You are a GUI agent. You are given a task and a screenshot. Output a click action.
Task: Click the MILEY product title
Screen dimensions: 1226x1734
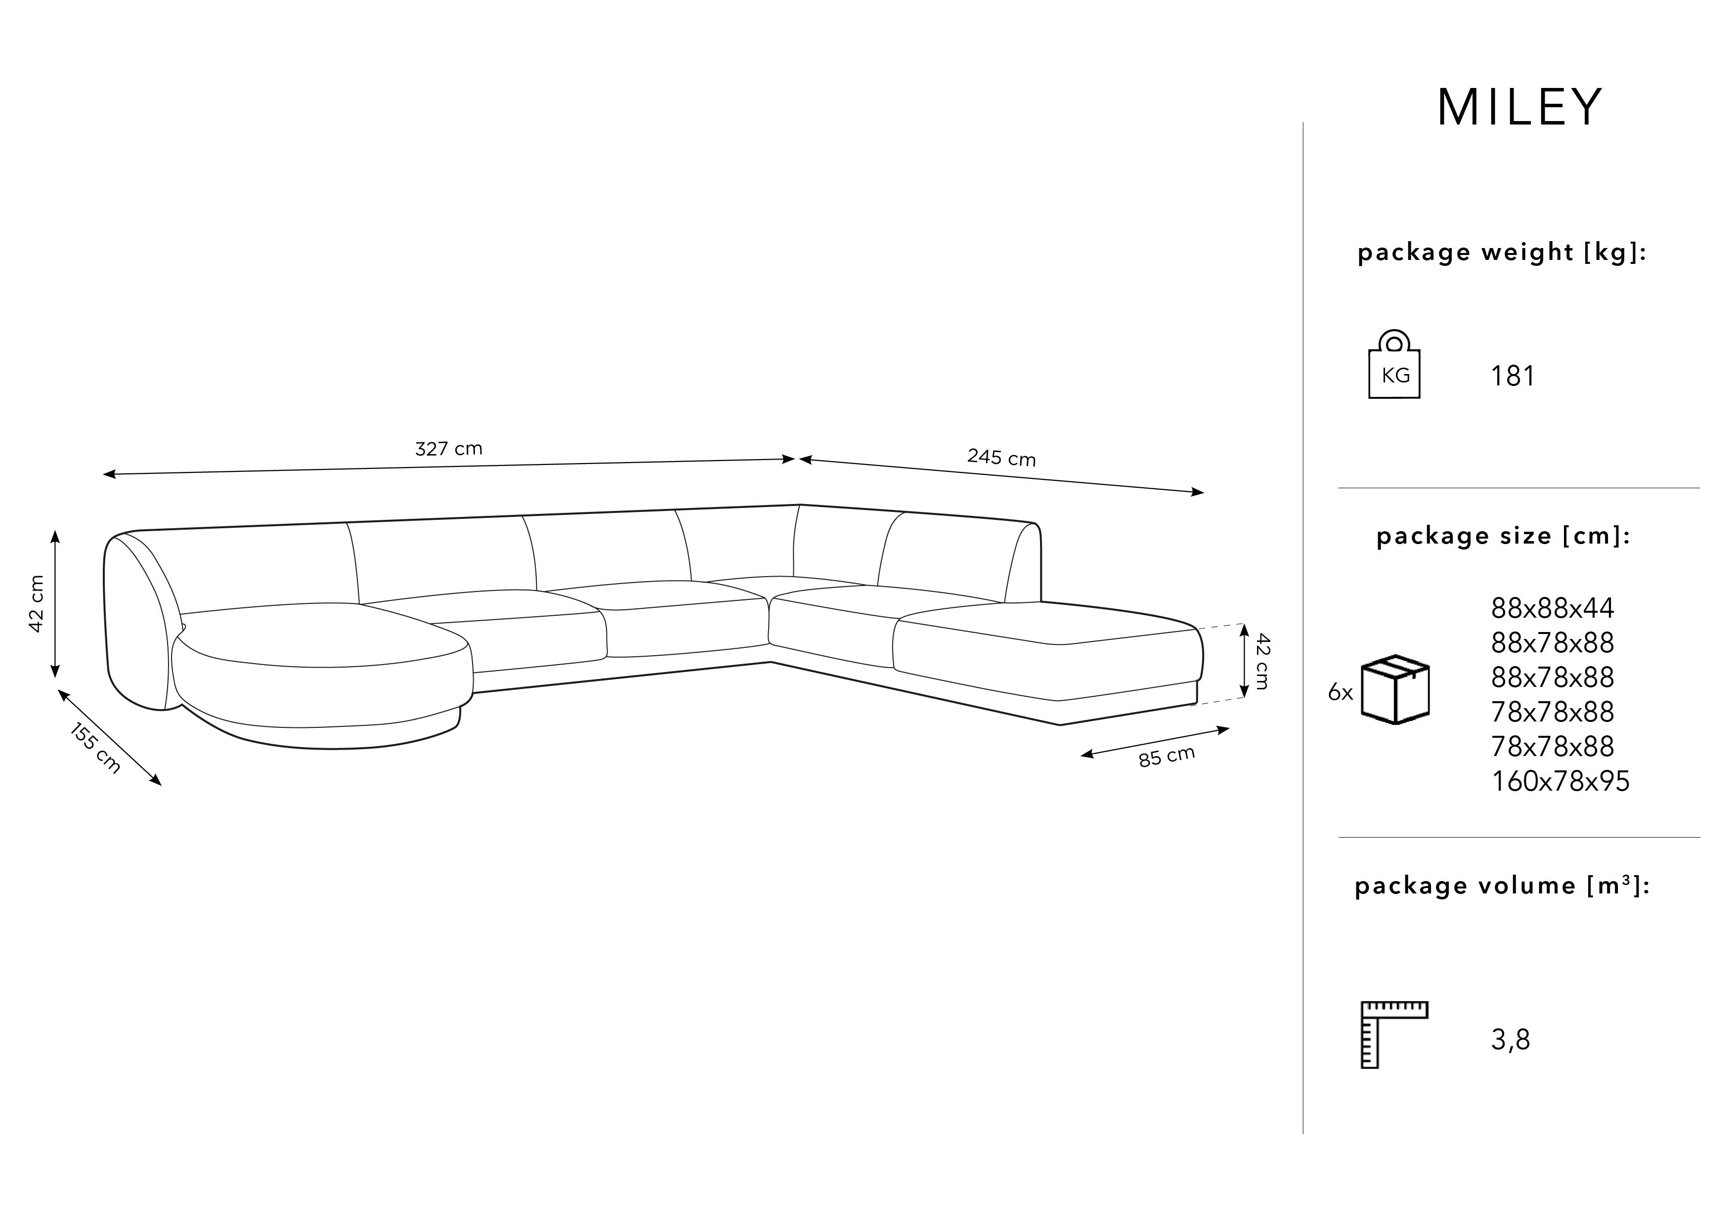click(1519, 107)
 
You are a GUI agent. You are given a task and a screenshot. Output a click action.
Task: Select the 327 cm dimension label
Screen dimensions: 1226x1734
click(449, 448)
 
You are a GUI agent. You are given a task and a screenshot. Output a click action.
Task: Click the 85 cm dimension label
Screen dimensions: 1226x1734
click(1167, 756)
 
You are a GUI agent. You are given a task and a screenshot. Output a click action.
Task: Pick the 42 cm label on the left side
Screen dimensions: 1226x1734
click(36, 603)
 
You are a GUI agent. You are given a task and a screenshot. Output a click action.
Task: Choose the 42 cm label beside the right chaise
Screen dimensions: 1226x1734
click(1262, 661)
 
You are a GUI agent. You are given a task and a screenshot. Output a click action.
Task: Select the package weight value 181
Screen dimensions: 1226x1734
click(1513, 376)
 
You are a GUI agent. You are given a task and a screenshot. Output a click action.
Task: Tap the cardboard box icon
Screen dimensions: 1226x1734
click(1395, 689)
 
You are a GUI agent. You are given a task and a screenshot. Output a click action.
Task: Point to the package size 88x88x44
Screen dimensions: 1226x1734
click(1552, 608)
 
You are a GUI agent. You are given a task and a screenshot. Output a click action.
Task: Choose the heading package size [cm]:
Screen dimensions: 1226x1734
click(1503, 536)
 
